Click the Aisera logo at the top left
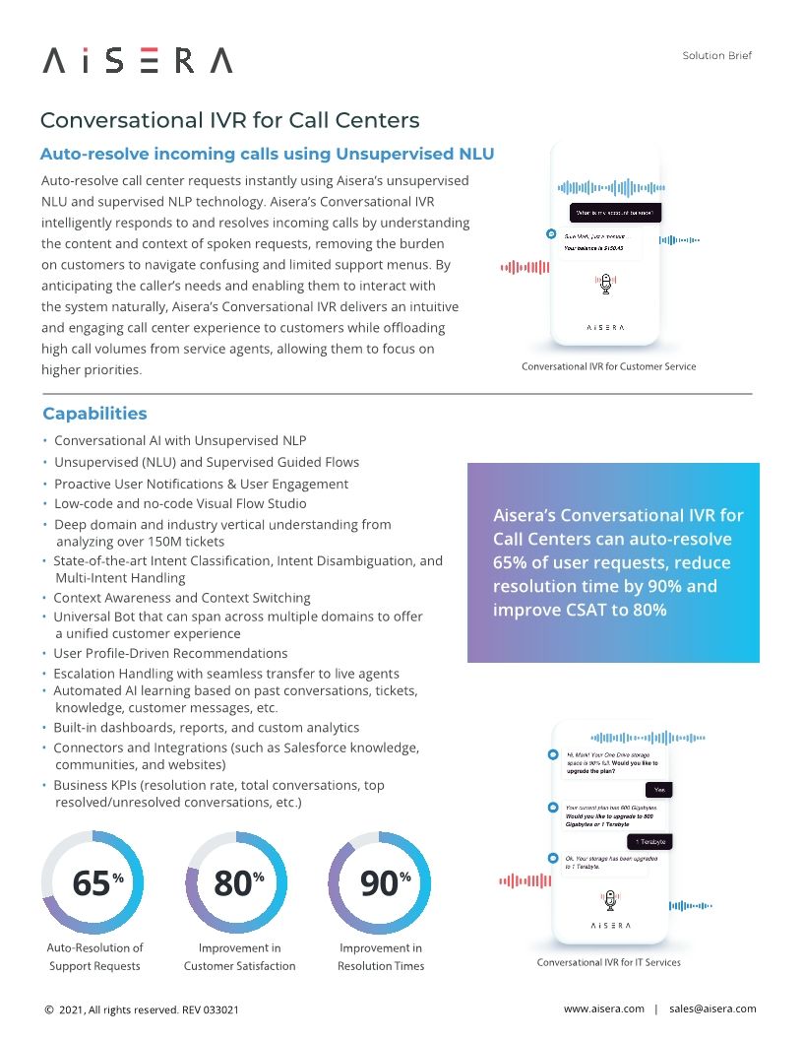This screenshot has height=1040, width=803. click(138, 61)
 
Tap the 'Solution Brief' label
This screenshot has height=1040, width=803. click(716, 56)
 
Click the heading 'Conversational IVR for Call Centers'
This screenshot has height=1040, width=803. click(229, 120)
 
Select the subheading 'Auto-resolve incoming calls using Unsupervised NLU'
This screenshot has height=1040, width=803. click(267, 154)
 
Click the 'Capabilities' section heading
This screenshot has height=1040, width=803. click(94, 414)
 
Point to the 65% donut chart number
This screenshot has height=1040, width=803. click(93, 883)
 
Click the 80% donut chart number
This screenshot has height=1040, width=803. click(234, 883)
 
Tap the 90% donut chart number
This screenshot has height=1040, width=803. click(380, 883)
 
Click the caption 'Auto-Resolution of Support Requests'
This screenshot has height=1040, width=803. click(94, 956)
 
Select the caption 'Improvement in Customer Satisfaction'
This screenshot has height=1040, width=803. click(239, 956)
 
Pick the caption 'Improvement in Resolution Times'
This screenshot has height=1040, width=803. click(381, 956)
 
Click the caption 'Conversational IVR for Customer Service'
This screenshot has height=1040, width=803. click(608, 366)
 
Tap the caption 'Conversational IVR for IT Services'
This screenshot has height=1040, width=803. click(608, 962)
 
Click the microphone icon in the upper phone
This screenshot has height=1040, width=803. click(606, 284)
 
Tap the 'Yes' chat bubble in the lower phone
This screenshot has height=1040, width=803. click(658, 790)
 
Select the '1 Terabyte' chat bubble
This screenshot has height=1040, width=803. click(649, 841)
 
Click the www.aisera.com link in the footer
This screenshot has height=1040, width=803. click(603, 1008)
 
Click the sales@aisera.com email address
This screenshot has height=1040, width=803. click(712, 1008)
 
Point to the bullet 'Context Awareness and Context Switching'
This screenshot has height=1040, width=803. click(181, 598)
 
